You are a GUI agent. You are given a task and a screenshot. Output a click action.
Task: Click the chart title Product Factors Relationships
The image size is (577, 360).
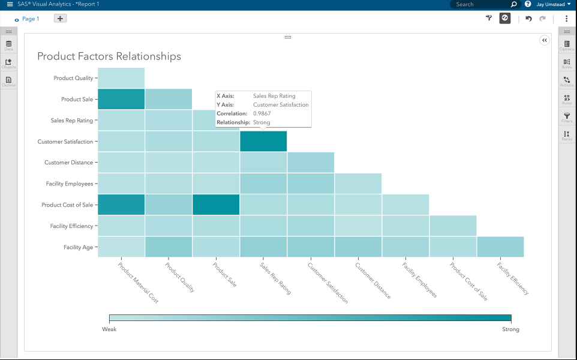tap(109, 56)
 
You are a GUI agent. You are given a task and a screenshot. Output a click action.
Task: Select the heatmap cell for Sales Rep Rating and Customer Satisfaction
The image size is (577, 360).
tap(263, 142)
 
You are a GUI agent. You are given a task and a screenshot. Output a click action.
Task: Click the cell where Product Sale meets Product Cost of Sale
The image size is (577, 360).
tap(216, 205)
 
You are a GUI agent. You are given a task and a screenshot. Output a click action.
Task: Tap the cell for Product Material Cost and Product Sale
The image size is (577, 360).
tap(121, 99)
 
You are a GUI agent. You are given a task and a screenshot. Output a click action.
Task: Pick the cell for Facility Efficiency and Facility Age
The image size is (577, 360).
tap(500, 247)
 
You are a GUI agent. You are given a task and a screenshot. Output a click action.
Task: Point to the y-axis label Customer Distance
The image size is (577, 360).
tap(68, 163)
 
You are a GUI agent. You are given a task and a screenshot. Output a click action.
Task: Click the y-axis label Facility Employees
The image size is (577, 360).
tap(69, 184)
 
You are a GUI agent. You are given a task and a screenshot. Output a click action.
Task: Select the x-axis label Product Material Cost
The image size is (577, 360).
tap(138, 283)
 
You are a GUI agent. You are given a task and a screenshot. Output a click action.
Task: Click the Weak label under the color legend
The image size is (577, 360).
tap(109, 329)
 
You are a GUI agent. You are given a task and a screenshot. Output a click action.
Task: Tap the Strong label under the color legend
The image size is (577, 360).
tap(510, 329)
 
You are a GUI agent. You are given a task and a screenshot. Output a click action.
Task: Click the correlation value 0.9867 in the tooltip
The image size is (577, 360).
tap(262, 113)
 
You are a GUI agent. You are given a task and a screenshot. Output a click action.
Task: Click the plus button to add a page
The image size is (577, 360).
tap(61, 19)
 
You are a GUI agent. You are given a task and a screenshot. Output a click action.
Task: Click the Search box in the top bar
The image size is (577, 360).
tap(480, 4)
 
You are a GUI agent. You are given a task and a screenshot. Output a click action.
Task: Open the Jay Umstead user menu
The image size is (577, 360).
tap(553, 4)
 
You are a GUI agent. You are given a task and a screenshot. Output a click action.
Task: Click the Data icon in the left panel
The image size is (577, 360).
tap(8, 45)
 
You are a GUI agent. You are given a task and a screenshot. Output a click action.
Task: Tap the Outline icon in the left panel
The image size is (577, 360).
tap(8, 81)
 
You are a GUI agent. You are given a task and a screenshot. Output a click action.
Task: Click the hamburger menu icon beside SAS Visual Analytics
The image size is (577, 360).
tap(10, 4)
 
